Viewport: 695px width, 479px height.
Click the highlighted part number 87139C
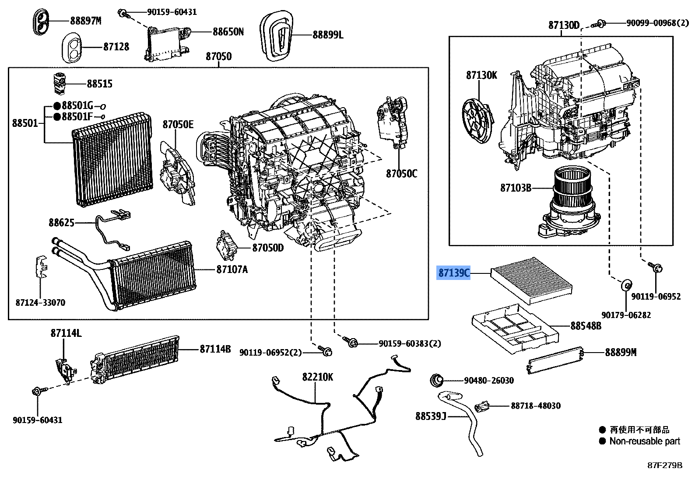point(454,273)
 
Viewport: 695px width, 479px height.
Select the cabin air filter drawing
point(530,280)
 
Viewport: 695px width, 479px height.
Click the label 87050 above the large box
point(218,56)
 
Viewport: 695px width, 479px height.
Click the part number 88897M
point(85,21)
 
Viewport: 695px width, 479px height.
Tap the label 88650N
point(228,31)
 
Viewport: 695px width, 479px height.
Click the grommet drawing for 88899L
point(277,36)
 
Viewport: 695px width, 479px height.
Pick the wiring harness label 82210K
point(317,377)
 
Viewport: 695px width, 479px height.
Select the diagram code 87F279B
point(665,465)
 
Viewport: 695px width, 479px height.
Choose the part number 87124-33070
point(40,303)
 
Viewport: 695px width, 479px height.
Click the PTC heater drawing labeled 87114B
point(136,359)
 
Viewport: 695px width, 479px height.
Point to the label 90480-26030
point(488,381)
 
